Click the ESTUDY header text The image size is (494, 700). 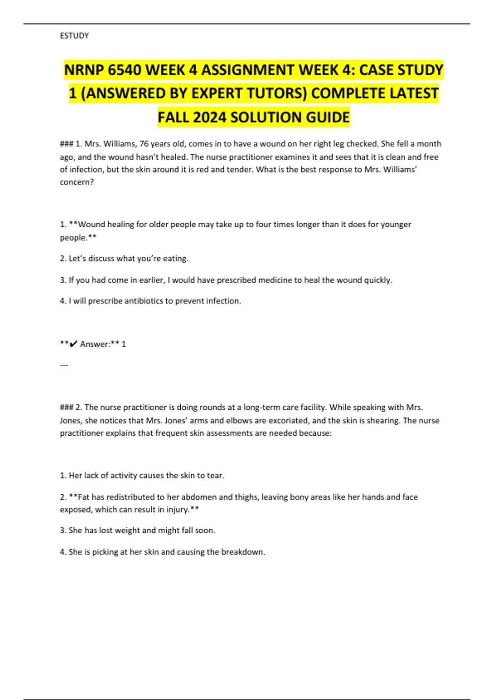(x=74, y=36)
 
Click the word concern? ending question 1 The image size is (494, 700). (x=77, y=182)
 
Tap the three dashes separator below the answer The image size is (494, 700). (x=64, y=365)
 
